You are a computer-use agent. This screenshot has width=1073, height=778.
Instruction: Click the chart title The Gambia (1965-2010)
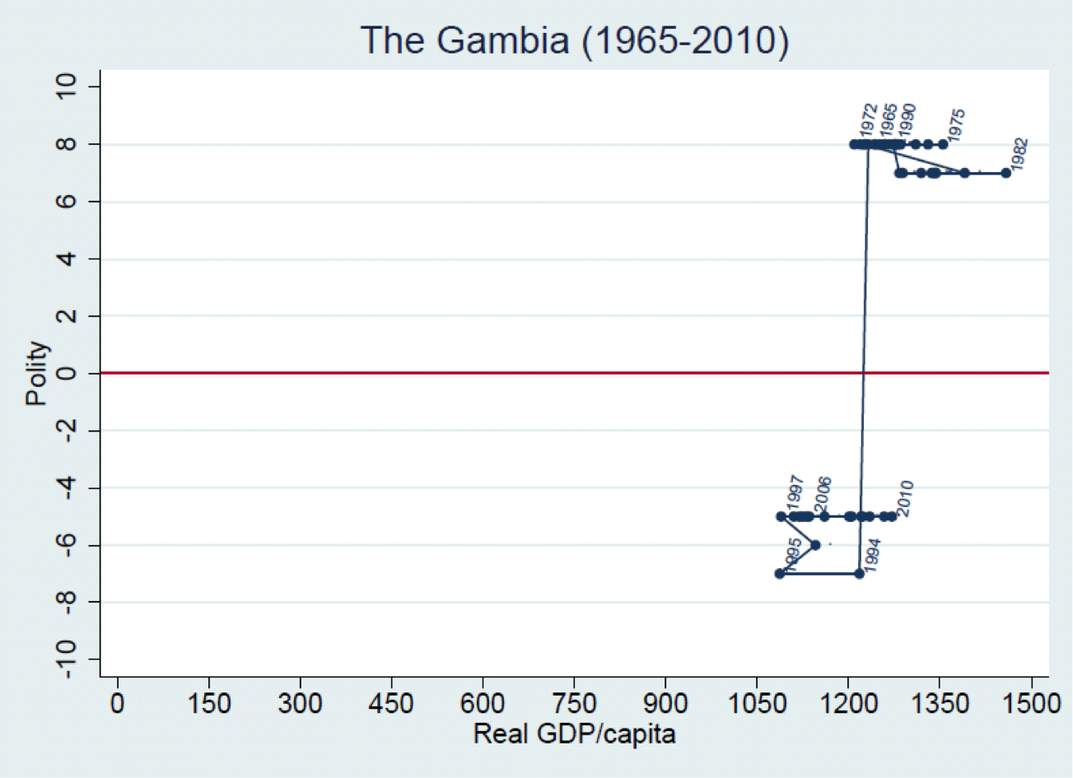pyautogui.click(x=574, y=40)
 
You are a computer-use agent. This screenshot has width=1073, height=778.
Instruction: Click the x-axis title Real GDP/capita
pyautogui.click(x=574, y=733)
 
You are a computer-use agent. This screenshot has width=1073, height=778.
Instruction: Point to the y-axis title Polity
pyautogui.click(x=37, y=374)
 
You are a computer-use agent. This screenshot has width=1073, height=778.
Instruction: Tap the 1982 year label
pyautogui.click(x=1019, y=154)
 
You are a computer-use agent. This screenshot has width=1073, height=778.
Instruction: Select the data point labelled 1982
pyautogui.click(x=1005, y=173)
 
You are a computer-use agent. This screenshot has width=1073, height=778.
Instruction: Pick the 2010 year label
pyautogui.click(x=905, y=498)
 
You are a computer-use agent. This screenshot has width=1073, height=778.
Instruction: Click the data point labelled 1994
pyautogui.click(x=859, y=574)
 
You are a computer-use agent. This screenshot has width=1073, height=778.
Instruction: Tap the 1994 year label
pyautogui.click(x=872, y=556)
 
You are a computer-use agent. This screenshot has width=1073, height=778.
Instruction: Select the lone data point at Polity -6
pyautogui.click(x=815, y=545)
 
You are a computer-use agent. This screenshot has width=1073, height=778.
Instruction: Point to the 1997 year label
pyautogui.click(x=795, y=492)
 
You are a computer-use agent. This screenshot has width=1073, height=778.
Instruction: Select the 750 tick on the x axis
pyautogui.click(x=574, y=704)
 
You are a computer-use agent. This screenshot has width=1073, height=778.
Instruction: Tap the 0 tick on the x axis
pyautogui.click(x=118, y=704)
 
